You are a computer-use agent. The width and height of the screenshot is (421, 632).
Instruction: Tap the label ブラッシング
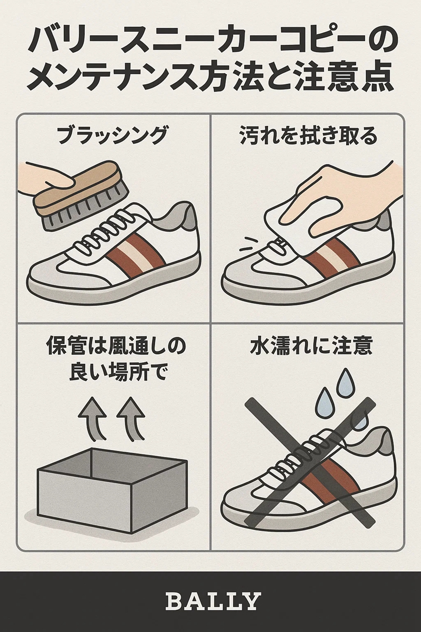(113, 136)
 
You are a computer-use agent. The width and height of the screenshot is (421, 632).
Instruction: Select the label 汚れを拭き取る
(308, 136)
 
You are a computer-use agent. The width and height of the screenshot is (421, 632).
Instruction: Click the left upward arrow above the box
(93, 418)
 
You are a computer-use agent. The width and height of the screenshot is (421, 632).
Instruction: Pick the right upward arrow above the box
(132, 418)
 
